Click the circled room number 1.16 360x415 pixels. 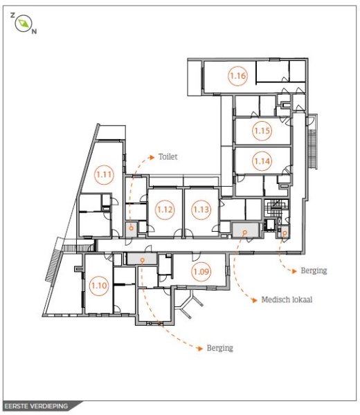click(238, 76)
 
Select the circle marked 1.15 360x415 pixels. click(262, 130)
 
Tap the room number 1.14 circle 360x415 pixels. click(262, 161)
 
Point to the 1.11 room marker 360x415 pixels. click(104, 174)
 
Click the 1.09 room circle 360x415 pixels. click(201, 272)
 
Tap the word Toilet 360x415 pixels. click(168, 157)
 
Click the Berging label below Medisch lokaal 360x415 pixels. click(219, 348)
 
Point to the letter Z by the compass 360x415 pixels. click(12, 15)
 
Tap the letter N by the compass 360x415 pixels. click(35, 32)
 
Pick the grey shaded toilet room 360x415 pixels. click(130, 228)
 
